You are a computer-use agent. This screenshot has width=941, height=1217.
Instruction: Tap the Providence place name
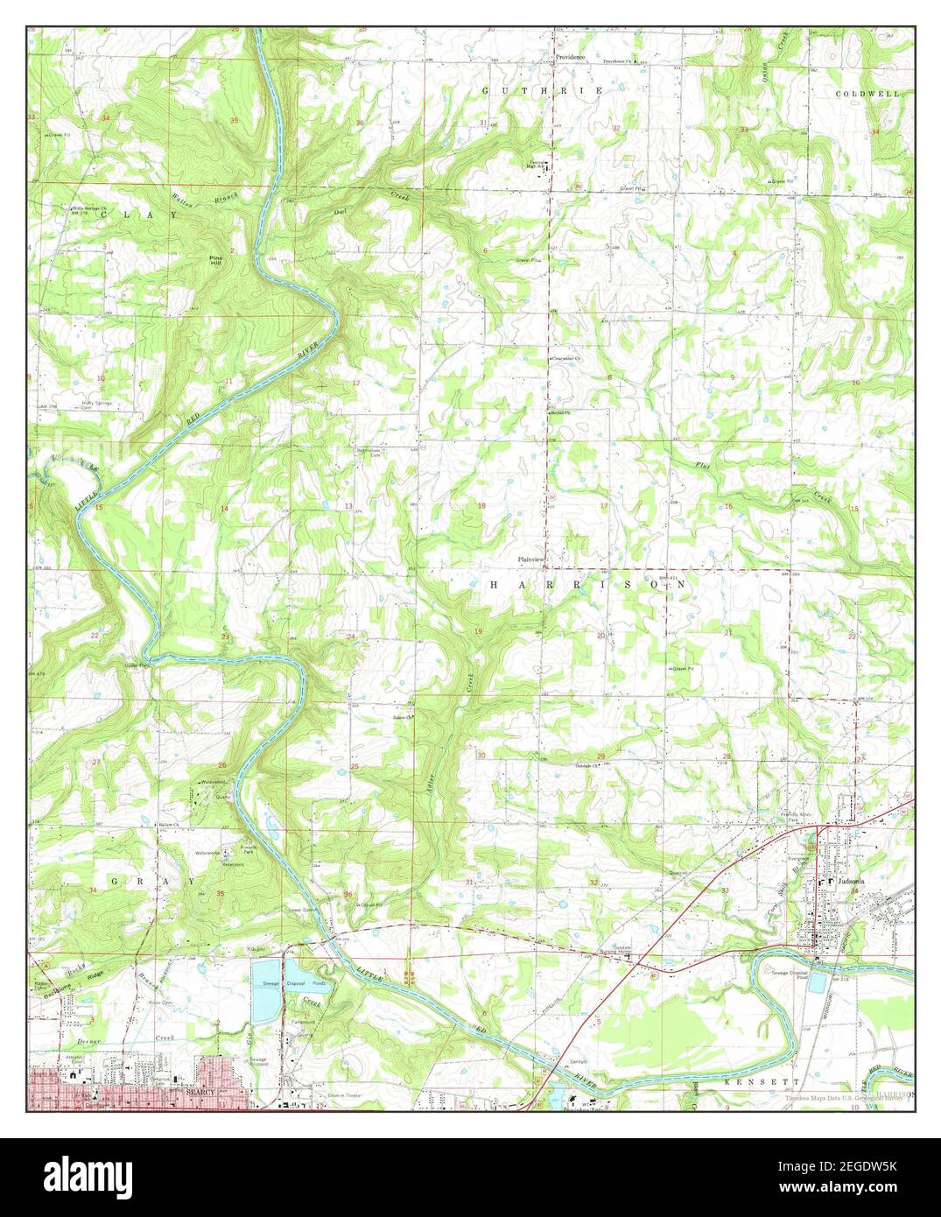(x=569, y=56)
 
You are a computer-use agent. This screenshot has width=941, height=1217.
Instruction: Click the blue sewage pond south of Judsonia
(x=817, y=981)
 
